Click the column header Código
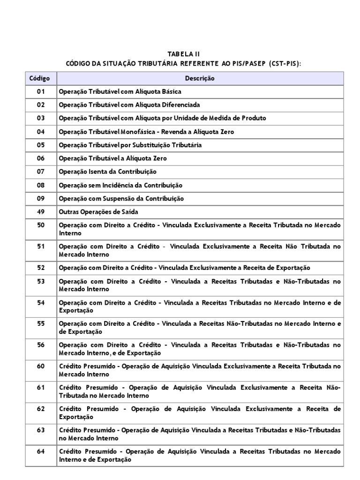[x=40, y=78]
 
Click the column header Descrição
[x=200, y=78]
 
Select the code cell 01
[x=40, y=92]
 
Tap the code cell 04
[x=40, y=132]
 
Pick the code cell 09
[x=40, y=198]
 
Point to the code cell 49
[x=40, y=211]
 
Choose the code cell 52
[x=40, y=267]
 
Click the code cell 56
[x=40, y=345]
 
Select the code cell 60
[x=40, y=366]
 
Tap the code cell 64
[x=40, y=451]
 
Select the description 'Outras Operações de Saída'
[x=98, y=212]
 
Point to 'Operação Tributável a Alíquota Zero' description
[x=112, y=158]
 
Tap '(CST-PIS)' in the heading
[x=284, y=63]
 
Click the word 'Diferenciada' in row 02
[x=170, y=105]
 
